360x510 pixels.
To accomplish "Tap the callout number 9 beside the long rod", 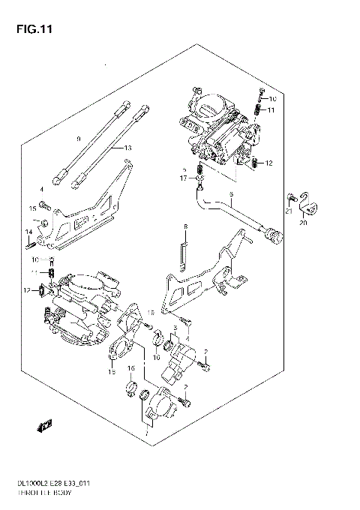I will (x=77, y=139).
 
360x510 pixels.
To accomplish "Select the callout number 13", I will (x=128, y=148).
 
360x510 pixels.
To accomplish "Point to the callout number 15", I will (x=33, y=208).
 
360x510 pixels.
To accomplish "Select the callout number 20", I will (x=304, y=223).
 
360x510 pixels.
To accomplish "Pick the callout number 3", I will (x=174, y=328).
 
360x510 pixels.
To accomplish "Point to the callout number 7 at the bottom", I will (x=147, y=433).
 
